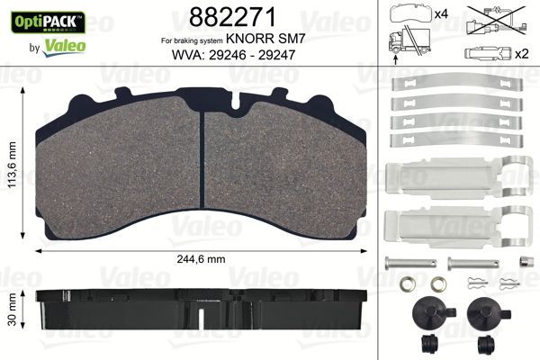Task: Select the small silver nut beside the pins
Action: (522, 262)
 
